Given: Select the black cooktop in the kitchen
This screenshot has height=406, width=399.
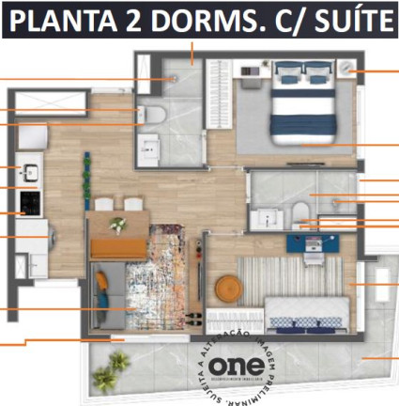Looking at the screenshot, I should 29,202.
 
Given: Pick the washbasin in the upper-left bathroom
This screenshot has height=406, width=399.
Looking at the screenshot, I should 149,147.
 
